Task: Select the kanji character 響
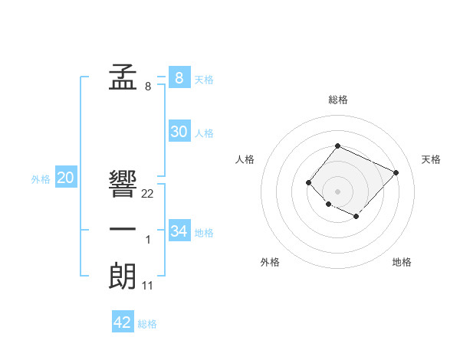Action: click(123, 184)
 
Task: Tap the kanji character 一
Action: click(123, 230)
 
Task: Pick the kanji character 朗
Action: click(123, 276)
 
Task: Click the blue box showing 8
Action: click(179, 77)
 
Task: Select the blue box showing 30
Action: click(179, 132)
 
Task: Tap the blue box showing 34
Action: click(179, 231)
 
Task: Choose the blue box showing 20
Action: click(66, 178)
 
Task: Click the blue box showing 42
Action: click(123, 322)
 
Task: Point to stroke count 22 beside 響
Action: click(148, 194)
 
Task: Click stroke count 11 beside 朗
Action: click(148, 286)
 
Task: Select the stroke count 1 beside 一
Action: click(148, 241)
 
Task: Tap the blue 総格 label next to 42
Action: click(147, 324)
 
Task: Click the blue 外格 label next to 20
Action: click(41, 180)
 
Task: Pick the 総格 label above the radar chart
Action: click(337, 100)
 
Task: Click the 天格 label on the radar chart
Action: click(431, 159)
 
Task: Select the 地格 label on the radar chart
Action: click(402, 262)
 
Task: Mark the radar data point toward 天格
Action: click(396, 172)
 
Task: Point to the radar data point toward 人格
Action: click(308, 182)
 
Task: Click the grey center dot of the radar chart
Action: click(337, 191)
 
